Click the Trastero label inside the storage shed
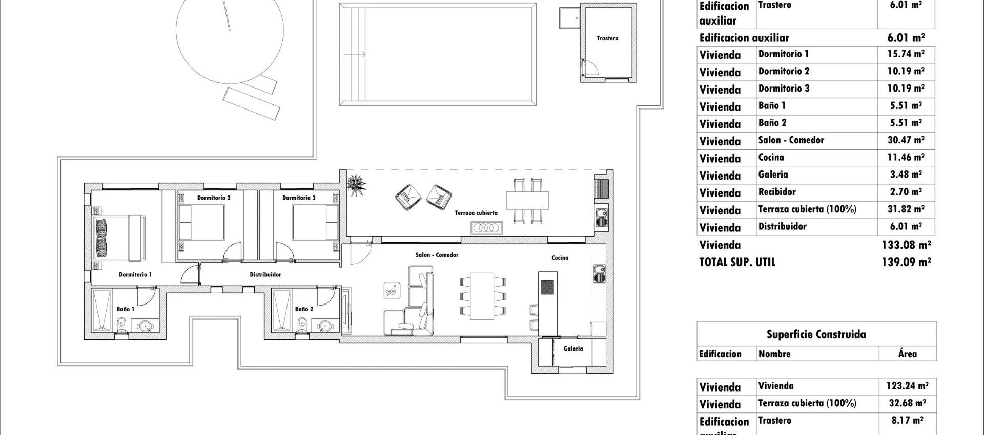[x=607, y=38]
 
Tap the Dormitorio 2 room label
[x=214, y=198]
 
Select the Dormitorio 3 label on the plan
[x=299, y=198]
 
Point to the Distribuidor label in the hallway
[x=265, y=275]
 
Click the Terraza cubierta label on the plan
[x=476, y=213]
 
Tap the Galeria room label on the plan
[x=573, y=349]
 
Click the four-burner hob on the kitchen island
[x=547, y=287]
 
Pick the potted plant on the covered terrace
[x=356, y=183]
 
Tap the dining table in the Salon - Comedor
[x=482, y=296]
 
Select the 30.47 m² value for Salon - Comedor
[x=906, y=140]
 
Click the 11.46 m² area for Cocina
[x=906, y=158]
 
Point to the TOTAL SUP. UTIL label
[x=737, y=263]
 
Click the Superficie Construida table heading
[x=816, y=335]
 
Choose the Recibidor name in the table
[x=777, y=192]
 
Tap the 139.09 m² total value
[x=906, y=262]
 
